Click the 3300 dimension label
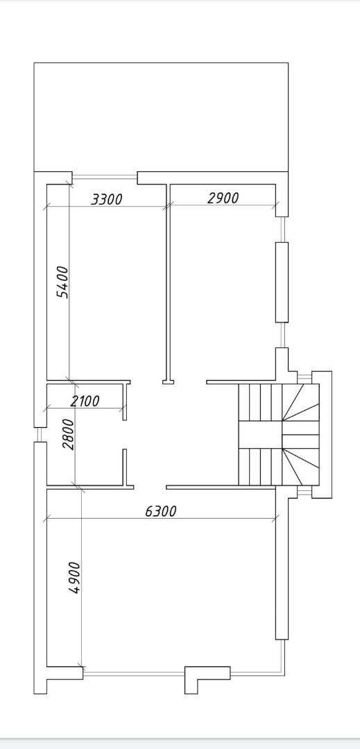106,199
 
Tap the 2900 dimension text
223,198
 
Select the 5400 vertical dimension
62,282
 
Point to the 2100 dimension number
85,401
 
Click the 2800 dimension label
69,434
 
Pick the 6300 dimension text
160,511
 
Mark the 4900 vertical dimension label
74,578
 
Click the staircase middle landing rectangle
259,435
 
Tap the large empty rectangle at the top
161,117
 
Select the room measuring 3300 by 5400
106,282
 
